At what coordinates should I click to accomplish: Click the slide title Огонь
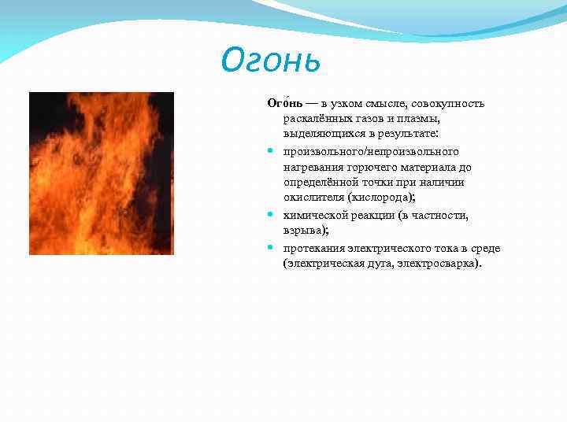pyautogui.click(x=272, y=59)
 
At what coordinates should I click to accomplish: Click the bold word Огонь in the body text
pyautogui.click(x=280, y=104)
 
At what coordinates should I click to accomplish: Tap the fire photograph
pyautogui.click(x=101, y=173)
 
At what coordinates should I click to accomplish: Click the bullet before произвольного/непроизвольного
pyautogui.click(x=270, y=151)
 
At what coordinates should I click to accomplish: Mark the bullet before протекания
pyautogui.click(x=270, y=247)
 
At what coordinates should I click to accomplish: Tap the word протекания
pyautogui.click(x=313, y=248)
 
